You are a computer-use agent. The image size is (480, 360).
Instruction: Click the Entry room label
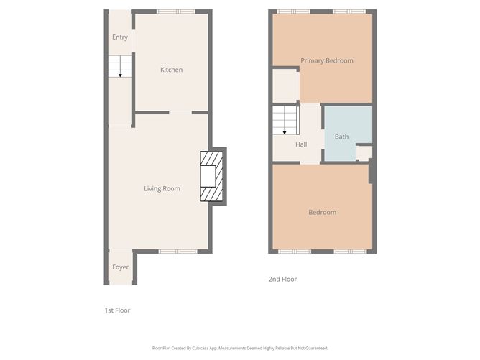[x=119, y=37]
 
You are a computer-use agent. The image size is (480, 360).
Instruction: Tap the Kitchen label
[x=171, y=70]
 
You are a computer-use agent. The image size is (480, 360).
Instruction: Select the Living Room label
[x=162, y=189]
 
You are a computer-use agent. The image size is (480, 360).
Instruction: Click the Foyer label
[x=120, y=267]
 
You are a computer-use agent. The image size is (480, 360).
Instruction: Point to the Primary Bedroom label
[x=327, y=61]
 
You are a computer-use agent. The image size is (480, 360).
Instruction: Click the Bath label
[x=341, y=137]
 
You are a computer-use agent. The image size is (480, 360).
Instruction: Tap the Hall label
[x=301, y=144]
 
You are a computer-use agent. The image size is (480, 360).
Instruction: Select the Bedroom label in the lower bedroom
[x=322, y=213]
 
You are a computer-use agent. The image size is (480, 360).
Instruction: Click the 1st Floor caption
[x=117, y=310]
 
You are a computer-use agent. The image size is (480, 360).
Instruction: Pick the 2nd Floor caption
[x=283, y=279]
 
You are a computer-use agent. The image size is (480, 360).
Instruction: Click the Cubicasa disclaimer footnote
[x=240, y=346]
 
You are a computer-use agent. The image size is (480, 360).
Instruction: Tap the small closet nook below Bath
[x=364, y=152]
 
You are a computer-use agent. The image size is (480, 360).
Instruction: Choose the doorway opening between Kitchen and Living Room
[x=180, y=112]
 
